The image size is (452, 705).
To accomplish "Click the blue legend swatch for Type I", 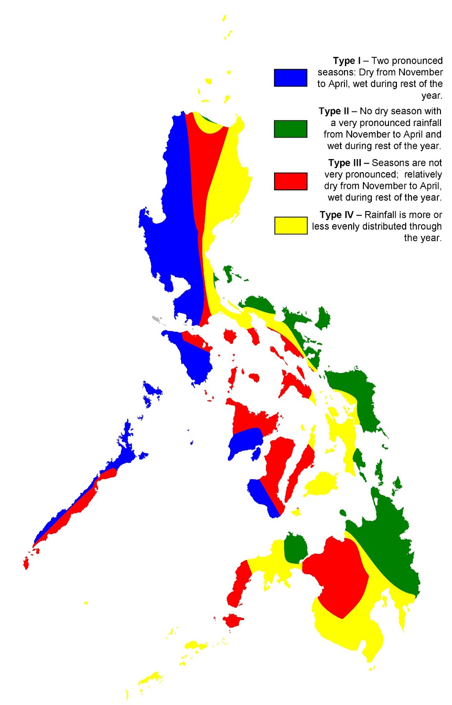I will [x=290, y=78].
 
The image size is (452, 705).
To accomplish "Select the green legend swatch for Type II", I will [x=290, y=129].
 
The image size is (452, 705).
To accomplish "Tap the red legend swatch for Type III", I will [x=290, y=181].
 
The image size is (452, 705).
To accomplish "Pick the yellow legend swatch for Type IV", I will [x=290, y=225].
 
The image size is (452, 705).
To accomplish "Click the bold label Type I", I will [x=347, y=61].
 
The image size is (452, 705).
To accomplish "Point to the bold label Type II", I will [x=333, y=111].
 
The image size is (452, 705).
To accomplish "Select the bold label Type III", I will [x=344, y=163].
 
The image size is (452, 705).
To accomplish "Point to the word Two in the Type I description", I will [x=380, y=61].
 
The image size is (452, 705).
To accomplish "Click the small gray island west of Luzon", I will [x=156, y=318].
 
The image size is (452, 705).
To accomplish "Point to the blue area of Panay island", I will [x=245, y=442].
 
